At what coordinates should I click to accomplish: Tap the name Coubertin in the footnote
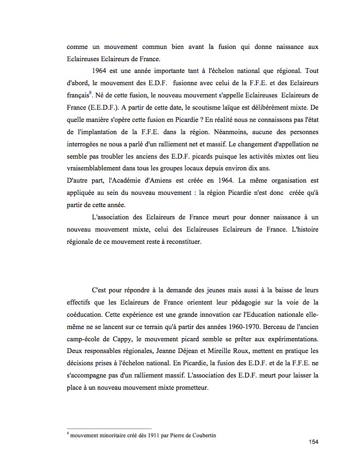tap(202, 434)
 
